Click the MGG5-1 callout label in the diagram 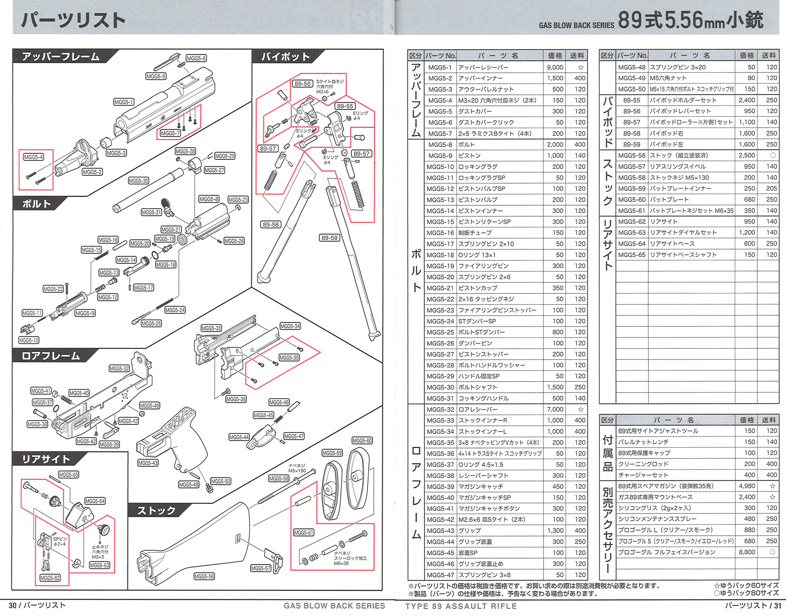124,102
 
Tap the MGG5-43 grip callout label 148,463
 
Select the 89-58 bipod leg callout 270,225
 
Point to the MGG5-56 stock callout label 204,576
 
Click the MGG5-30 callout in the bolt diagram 138,181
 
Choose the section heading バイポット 286,57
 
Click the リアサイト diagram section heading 46,459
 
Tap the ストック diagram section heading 156,511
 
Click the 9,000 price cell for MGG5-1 555,67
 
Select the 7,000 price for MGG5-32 555,409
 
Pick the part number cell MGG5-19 440,266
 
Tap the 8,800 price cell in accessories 747,552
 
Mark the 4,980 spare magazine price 747,486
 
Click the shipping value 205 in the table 771,188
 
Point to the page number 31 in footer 777,606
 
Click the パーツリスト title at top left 73,20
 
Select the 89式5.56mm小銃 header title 691,20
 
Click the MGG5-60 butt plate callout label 362,441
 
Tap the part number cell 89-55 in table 632,100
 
